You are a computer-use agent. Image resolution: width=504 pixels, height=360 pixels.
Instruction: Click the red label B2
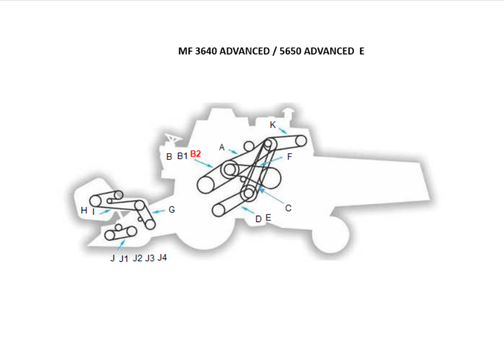(195, 154)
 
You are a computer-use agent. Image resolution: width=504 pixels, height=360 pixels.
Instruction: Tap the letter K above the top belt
(273, 125)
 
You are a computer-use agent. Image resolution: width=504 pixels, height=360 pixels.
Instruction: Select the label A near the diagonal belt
(221, 147)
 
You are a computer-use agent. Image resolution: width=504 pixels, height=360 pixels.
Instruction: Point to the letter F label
(290, 157)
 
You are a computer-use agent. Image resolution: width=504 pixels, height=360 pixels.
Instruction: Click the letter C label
(288, 208)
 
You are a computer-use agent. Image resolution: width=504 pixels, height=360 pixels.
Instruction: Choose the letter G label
(171, 210)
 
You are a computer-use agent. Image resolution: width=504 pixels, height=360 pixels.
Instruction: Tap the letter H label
(84, 210)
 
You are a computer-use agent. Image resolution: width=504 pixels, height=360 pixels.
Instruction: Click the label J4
(162, 258)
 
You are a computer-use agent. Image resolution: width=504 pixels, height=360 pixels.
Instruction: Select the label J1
(124, 259)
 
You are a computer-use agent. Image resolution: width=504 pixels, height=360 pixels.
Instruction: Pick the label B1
(182, 156)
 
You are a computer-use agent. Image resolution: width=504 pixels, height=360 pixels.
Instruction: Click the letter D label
(258, 219)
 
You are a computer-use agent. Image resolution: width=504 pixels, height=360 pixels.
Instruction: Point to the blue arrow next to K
(283, 130)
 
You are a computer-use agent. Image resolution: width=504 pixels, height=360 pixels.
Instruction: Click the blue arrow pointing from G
(158, 212)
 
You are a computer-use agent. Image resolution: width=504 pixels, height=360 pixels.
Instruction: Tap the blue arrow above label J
(121, 245)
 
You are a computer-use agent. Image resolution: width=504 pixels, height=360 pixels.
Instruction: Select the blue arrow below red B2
(203, 163)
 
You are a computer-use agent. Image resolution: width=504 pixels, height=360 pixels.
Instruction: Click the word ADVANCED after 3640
(244, 51)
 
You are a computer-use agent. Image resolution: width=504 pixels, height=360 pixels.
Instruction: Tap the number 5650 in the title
(290, 51)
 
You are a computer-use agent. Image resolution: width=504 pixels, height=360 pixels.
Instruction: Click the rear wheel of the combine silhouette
(331, 234)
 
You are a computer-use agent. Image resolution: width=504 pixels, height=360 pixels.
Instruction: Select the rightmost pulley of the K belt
(301, 141)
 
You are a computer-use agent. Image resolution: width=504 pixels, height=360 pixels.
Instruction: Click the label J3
(150, 258)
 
